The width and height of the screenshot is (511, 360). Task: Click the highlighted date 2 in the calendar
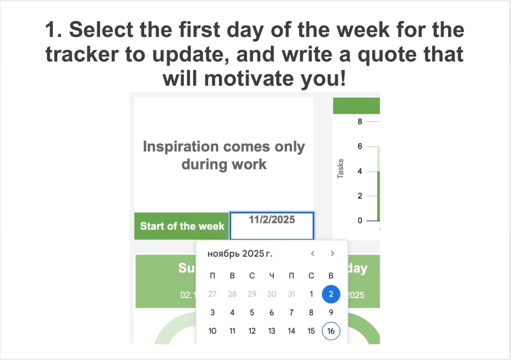tap(331, 294)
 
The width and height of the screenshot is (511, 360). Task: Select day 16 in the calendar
tap(331, 331)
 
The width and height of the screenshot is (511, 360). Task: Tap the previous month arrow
tap(312, 254)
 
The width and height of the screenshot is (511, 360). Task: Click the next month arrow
tap(332, 254)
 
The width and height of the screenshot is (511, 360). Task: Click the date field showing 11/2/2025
tap(272, 225)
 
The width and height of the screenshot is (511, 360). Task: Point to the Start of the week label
tap(182, 226)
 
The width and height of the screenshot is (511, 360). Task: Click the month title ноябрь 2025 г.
tap(239, 254)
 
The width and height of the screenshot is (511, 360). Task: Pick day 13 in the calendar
tap(272, 331)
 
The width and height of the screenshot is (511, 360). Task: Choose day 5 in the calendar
tap(252, 313)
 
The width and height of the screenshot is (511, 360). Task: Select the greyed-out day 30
tap(272, 294)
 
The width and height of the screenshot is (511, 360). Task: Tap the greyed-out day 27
tap(212, 294)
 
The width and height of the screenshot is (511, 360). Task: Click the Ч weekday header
tap(272, 276)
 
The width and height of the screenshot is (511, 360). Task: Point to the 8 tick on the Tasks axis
tap(360, 122)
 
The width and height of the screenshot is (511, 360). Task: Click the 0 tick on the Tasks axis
tap(360, 221)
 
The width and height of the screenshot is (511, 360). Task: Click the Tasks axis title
tap(341, 169)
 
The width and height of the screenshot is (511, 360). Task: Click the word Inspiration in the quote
tap(181, 147)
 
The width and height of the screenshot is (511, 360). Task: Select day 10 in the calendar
tap(212, 331)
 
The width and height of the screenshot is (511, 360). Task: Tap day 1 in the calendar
tap(311, 294)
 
